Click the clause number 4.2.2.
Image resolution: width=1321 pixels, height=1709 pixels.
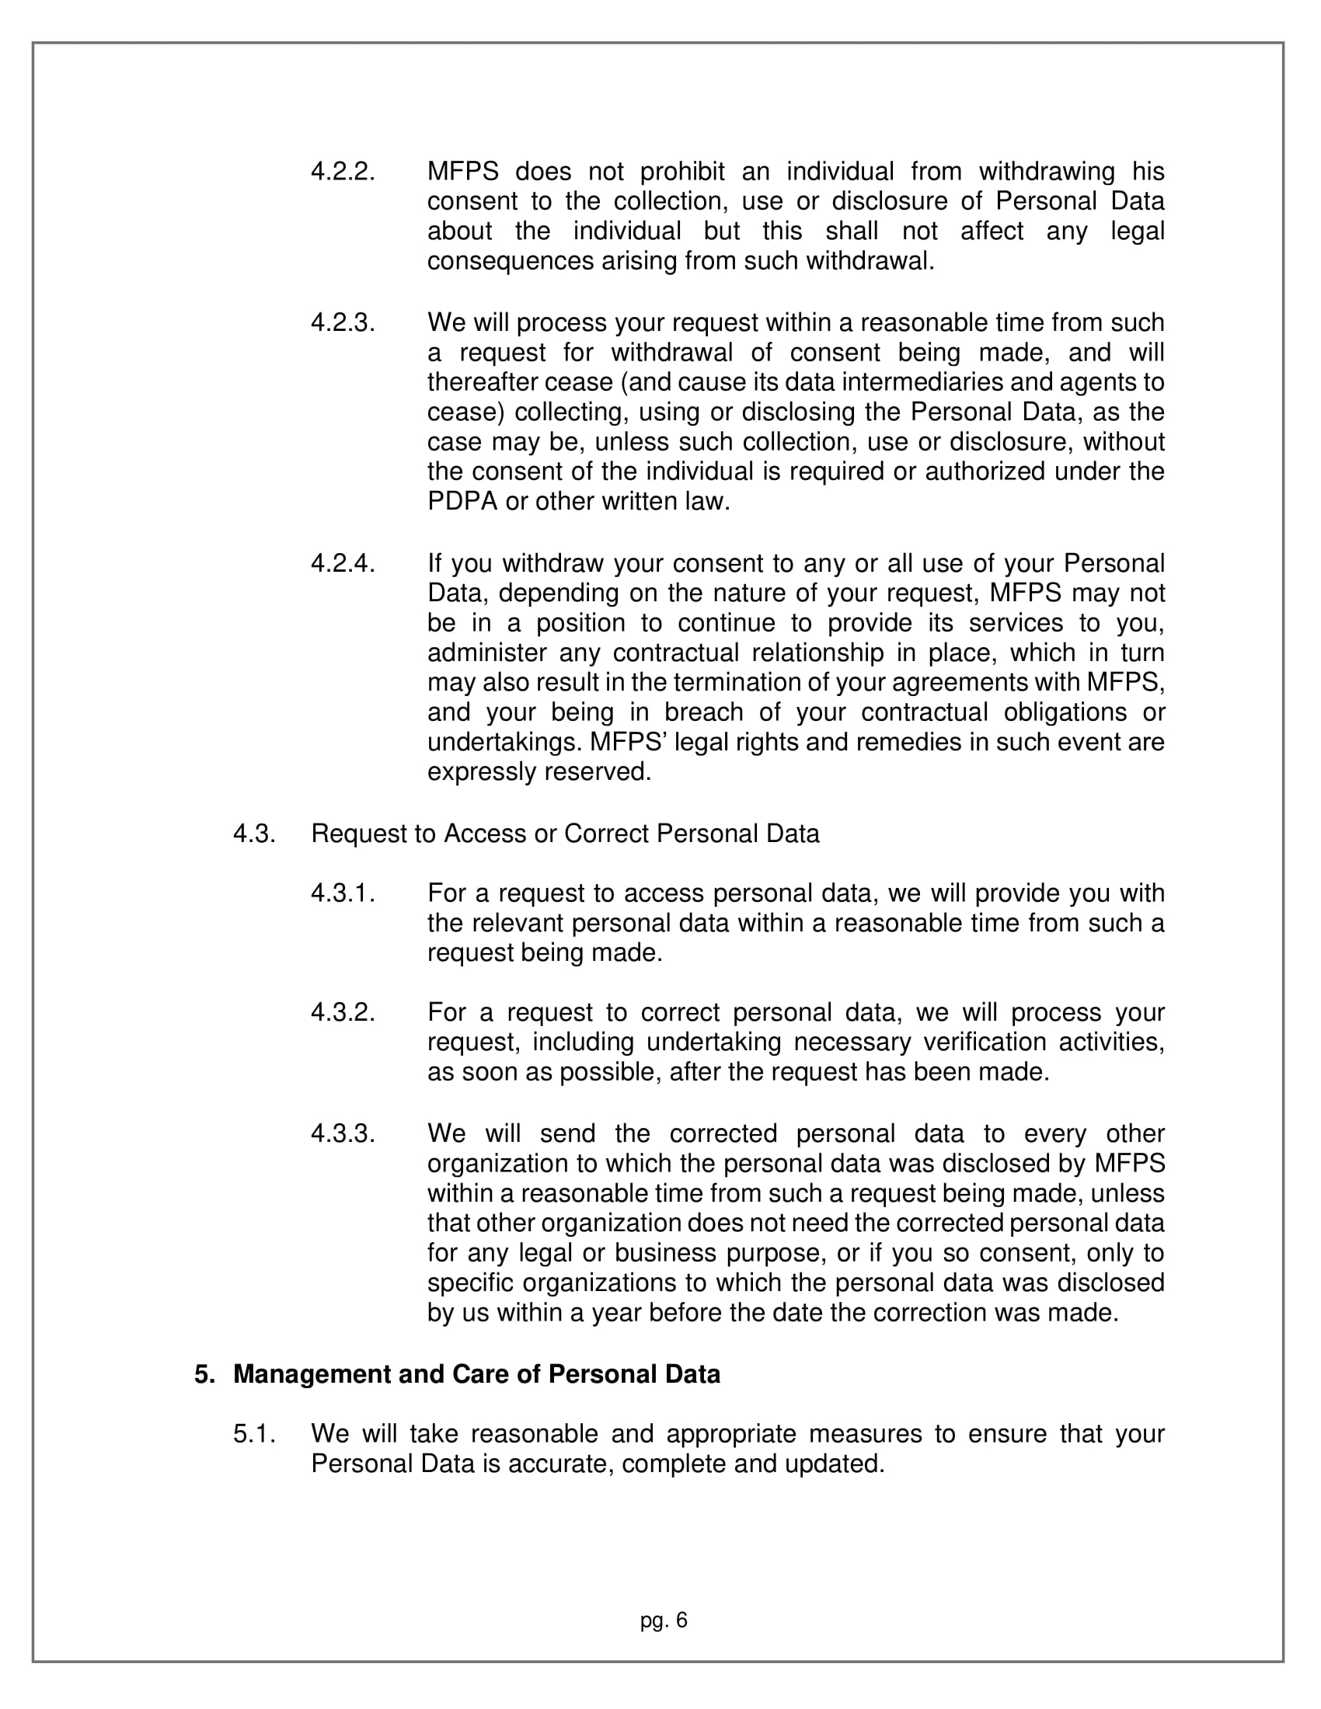coord(343,172)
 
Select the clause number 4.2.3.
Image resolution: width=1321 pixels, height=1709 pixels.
coord(343,322)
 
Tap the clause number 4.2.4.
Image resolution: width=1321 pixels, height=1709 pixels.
coord(343,563)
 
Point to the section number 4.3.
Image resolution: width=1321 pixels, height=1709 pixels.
coord(253,834)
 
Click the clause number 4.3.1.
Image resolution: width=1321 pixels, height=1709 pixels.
coord(343,893)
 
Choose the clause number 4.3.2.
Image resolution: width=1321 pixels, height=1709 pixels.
coord(343,1012)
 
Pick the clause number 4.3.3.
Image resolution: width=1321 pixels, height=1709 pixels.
coord(343,1133)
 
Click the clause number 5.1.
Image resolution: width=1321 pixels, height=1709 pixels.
coord(253,1433)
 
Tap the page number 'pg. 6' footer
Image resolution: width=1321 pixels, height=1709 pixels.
coord(664,1620)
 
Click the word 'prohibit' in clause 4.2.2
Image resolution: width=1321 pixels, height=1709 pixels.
coord(682,172)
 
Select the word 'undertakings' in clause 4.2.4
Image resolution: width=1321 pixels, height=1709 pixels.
coord(504,742)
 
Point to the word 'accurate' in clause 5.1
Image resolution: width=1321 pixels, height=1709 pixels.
coord(559,1464)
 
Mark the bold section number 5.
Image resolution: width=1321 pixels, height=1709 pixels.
coord(204,1374)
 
